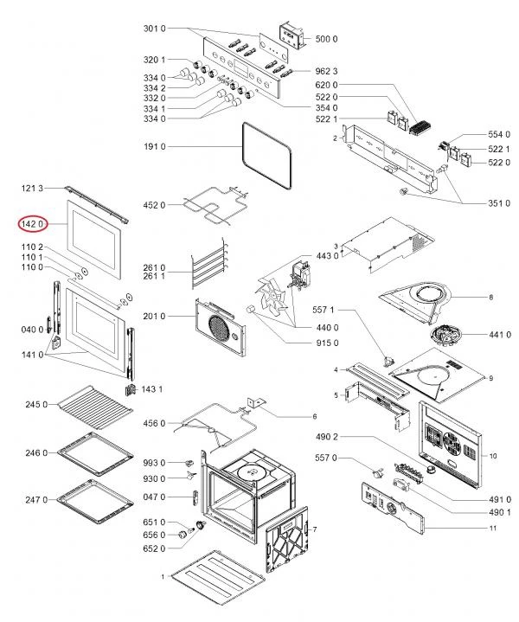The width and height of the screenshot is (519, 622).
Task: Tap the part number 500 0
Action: pos(327,39)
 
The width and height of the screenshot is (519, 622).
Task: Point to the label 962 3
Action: pos(326,70)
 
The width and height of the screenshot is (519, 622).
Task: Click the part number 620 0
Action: pos(327,85)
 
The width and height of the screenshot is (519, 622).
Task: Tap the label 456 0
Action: pos(154,423)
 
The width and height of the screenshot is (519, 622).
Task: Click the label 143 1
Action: pos(152,388)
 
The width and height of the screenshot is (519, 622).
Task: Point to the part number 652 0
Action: pos(154,549)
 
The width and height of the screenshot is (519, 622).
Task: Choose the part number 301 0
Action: pos(154,29)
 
